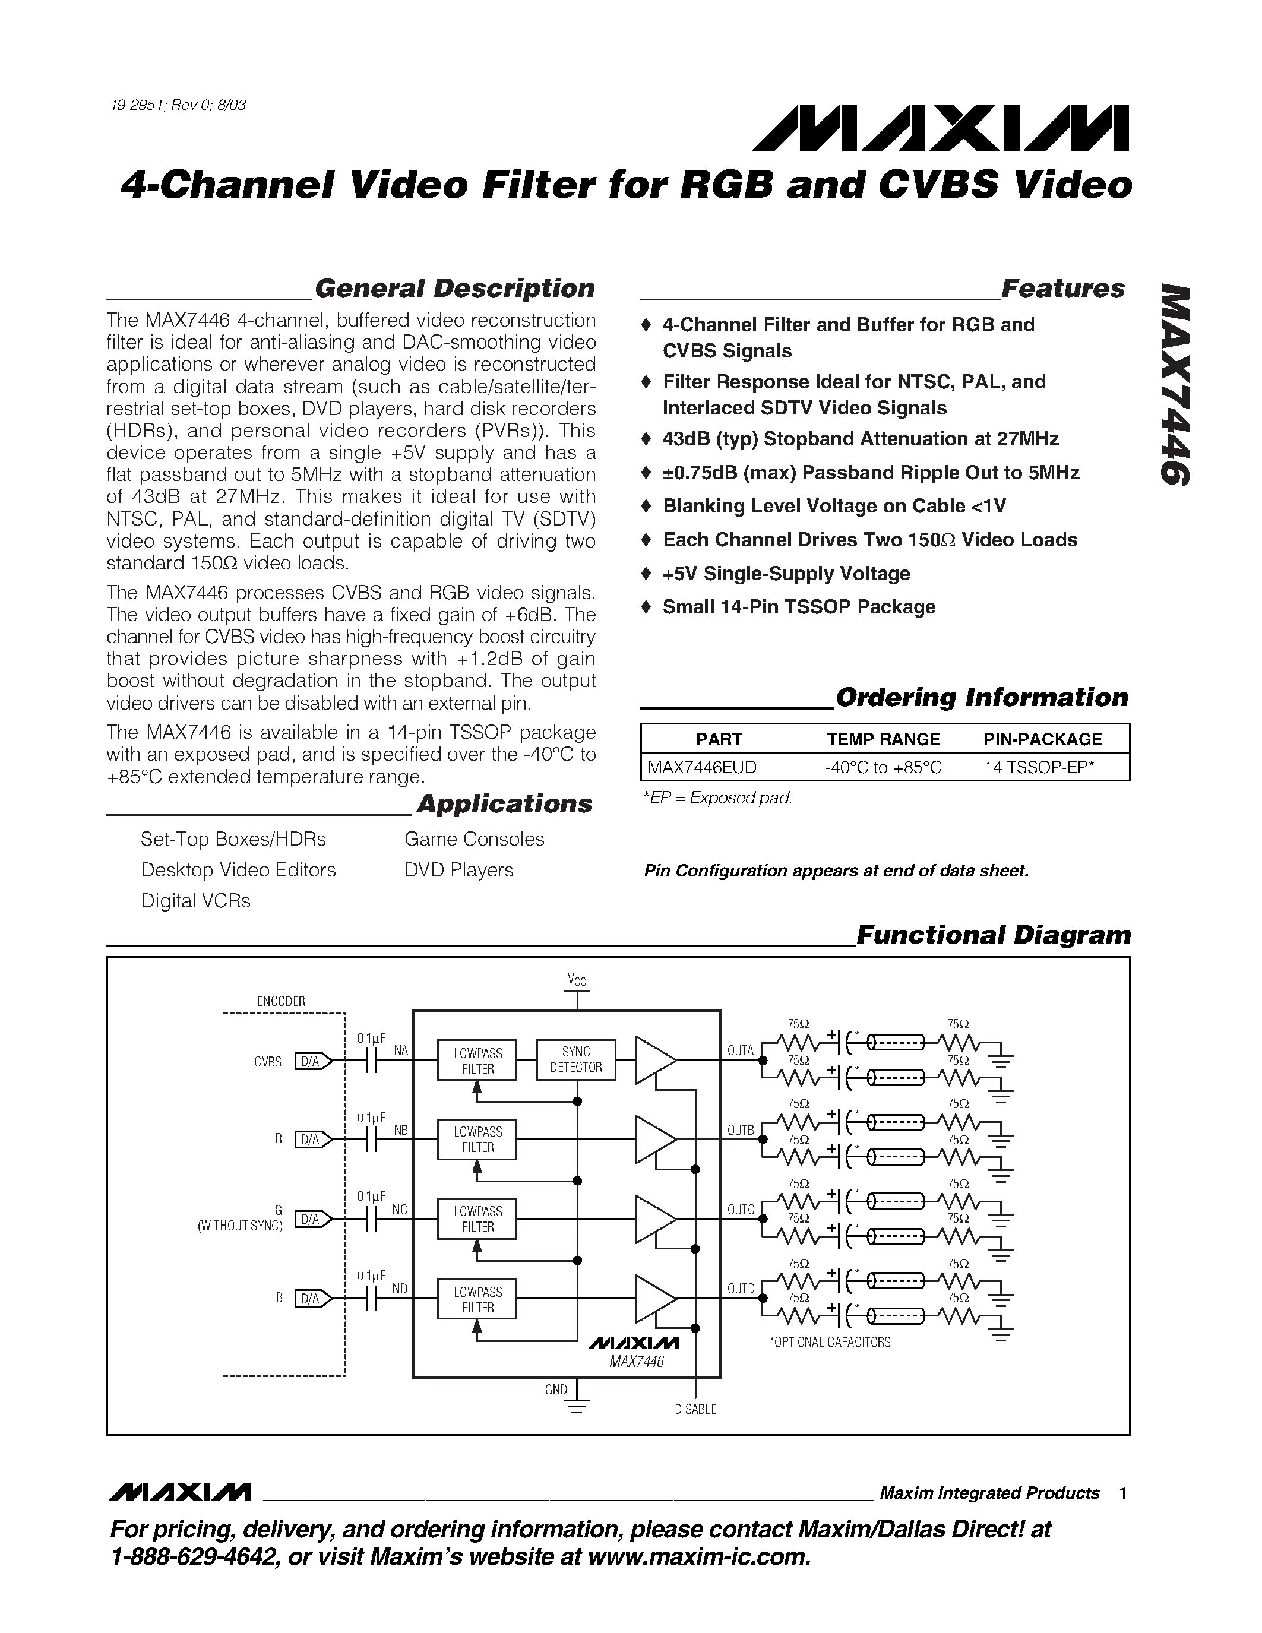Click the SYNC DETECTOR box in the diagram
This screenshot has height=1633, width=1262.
[x=575, y=1059]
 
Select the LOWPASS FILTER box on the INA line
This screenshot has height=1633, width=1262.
[x=477, y=1060]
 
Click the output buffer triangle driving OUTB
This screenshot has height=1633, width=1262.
[x=655, y=1140]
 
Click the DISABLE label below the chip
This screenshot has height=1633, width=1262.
[x=695, y=1410]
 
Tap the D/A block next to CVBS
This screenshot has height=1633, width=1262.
[x=310, y=1061]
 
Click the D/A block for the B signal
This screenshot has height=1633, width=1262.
[x=310, y=1299]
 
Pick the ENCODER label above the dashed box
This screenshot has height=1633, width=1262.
[x=281, y=1001]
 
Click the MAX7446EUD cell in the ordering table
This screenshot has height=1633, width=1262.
[x=701, y=767]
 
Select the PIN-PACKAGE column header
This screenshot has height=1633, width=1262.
[x=1042, y=739]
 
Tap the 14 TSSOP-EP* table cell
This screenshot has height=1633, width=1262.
[x=1039, y=767]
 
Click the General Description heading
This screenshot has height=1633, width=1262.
[x=454, y=289]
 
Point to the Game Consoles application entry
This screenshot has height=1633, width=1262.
[x=474, y=839]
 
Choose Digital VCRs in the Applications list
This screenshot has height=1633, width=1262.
[x=195, y=901]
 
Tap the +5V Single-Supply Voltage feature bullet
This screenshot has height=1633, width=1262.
[x=786, y=574]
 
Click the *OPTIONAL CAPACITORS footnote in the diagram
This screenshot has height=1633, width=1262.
[x=830, y=1342]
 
